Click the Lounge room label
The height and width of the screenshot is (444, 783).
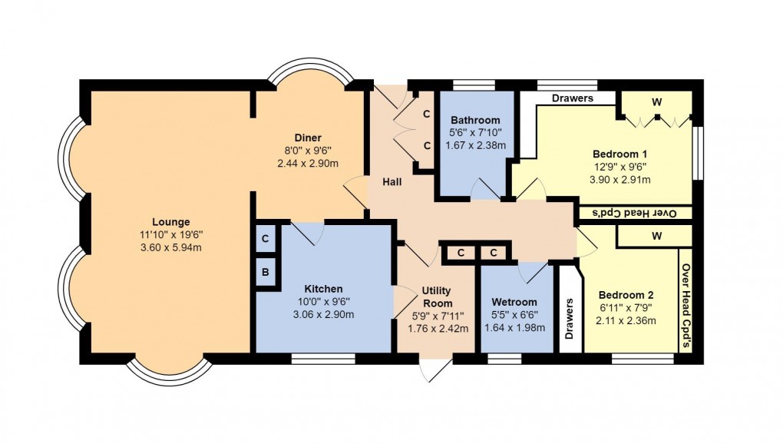click(x=170, y=222)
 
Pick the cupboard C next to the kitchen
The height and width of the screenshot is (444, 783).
click(x=265, y=239)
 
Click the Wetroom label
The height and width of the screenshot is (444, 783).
click(x=514, y=302)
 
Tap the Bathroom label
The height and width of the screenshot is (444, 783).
click(x=475, y=121)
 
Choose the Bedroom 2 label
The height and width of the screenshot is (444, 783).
click(x=626, y=295)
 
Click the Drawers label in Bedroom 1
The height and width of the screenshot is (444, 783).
click(x=572, y=98)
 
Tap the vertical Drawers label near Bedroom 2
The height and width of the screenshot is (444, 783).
click(x=569, y=318)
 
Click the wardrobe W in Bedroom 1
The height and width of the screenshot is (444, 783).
click(x=657, y=101)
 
